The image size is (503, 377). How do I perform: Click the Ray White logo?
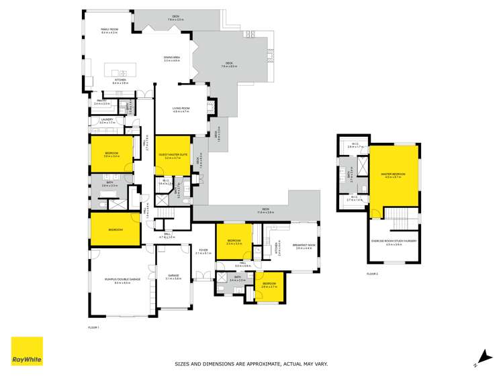click(27, 352)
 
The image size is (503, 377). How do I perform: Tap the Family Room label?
click(109, 30)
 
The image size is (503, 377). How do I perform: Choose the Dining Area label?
click(173, 58)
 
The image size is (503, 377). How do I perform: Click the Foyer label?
click(203, 250)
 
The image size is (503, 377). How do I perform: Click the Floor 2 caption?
click(372, 274)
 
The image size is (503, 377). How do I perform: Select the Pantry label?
click(101, 102)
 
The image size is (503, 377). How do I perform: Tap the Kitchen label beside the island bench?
click(120, 80)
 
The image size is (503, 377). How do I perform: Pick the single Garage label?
click(173, 276)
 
